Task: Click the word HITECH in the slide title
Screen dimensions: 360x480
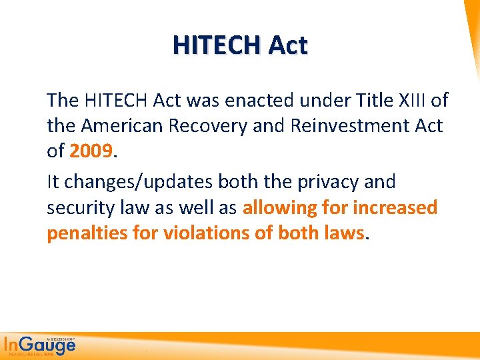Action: pyautogui.click(x=217, y=45)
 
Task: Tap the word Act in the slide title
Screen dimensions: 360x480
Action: pyautogui.click(x=288, y=45)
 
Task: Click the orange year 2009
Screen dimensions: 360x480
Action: pyautogui.click(x=91, y=151)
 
